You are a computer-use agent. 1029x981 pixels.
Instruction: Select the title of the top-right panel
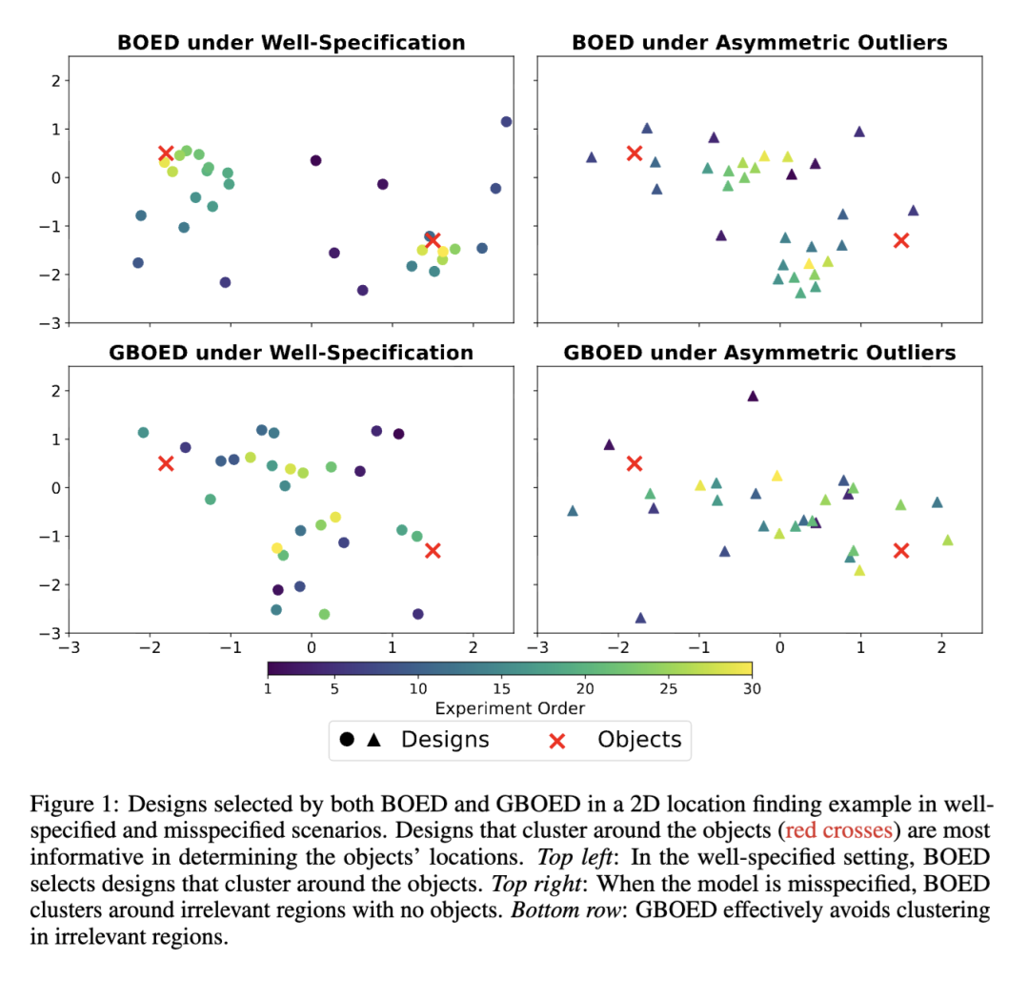click(x=759, y=43)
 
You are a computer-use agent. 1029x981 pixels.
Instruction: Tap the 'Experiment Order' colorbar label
click(x=510, y=708)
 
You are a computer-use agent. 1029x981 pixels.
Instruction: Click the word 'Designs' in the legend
click(x=445, y=739)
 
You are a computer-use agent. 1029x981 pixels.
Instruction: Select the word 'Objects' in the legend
click(x=639, y=739)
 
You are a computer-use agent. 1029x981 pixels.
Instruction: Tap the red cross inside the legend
click(x=557, y=740)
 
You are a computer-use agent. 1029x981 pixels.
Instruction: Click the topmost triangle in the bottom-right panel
click(x=753, y=396)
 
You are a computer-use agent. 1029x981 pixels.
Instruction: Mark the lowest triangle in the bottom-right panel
click(x=640, y=618)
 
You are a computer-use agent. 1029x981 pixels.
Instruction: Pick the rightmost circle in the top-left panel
click(x=506, y=122)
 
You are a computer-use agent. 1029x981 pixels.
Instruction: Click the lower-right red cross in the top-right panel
click(x=901, y=240)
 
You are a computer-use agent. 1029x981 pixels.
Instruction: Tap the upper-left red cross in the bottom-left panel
click(x=166, y=463)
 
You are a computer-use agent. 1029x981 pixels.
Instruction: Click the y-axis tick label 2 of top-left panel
click(x=55, y=80)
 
